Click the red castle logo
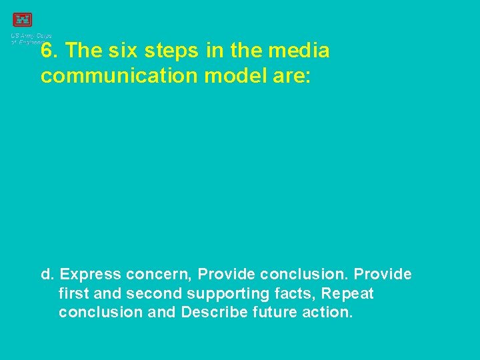pyautogui.click(x=22, y=20)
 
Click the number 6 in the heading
pyautogui.click(x=47, y=51)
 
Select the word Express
pyautogui.click(x=91, y=275)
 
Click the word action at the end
pyautogui.click(x=325, y=312)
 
